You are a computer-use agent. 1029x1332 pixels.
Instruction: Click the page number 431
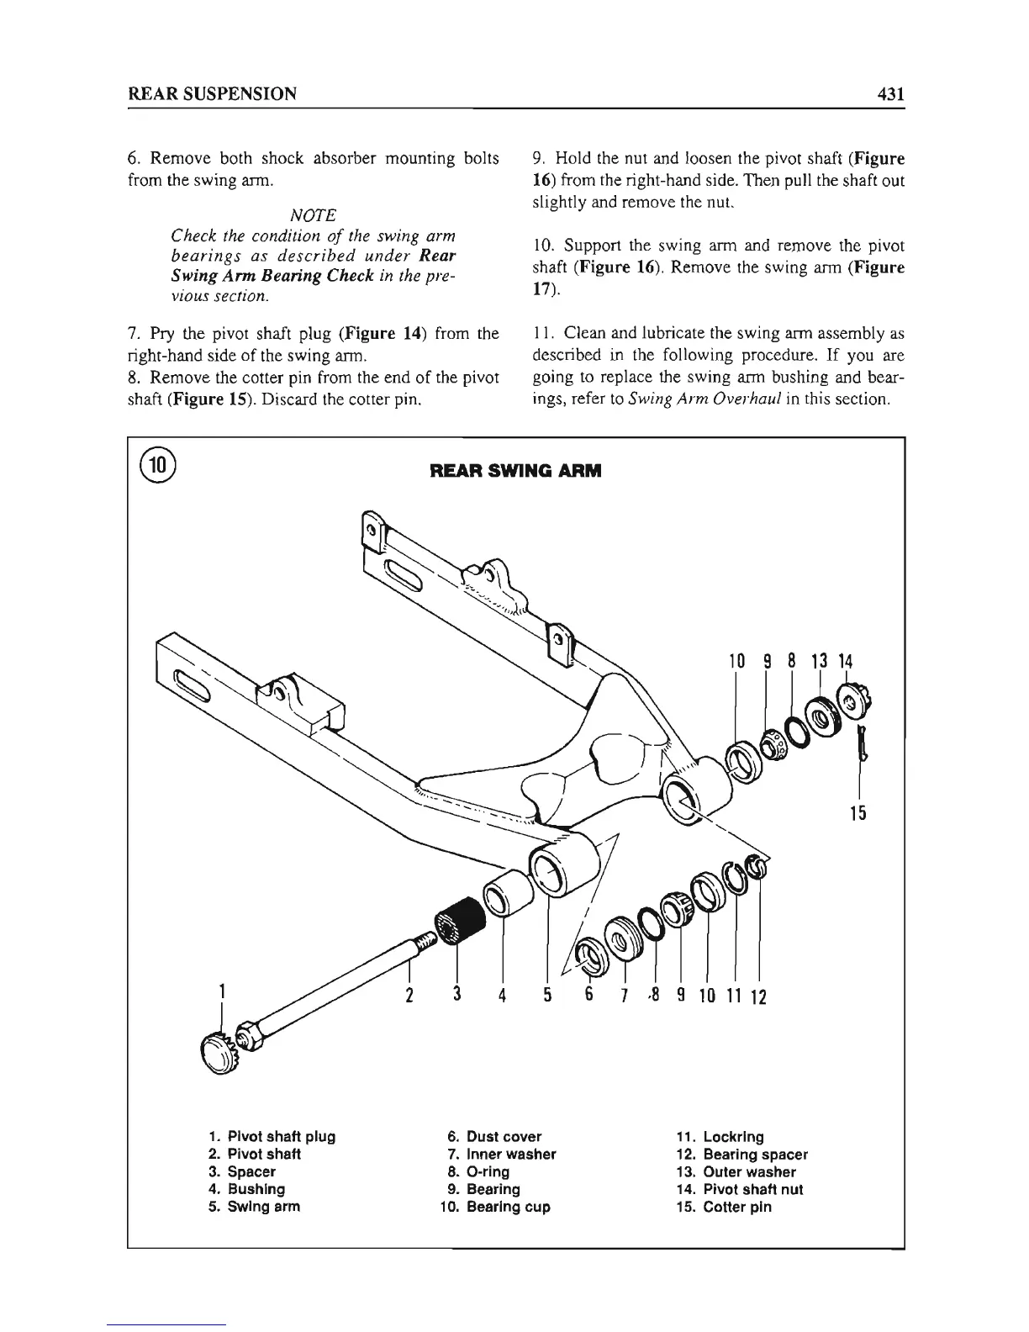coord(888,93)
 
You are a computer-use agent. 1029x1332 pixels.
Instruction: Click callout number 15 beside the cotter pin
coord(858,813)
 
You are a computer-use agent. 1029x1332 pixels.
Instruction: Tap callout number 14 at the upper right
coord(845,662)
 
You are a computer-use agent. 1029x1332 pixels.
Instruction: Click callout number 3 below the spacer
coord(456,994)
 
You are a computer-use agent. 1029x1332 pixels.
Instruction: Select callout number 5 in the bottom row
coord(546,996)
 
